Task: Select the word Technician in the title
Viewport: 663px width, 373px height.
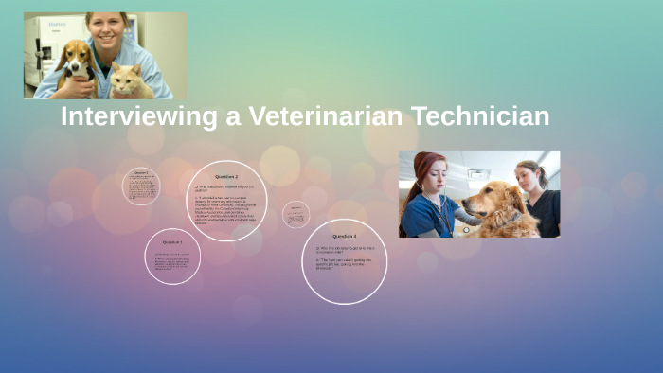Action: (484, 117)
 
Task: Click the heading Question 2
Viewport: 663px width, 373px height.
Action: (226, 177)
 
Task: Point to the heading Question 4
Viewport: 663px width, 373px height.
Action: (344, 236)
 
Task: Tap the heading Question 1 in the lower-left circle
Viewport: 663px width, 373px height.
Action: (172, 242)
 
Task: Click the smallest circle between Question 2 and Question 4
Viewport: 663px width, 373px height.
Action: (296, 214)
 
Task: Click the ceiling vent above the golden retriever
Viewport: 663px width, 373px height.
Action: (479, 173)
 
